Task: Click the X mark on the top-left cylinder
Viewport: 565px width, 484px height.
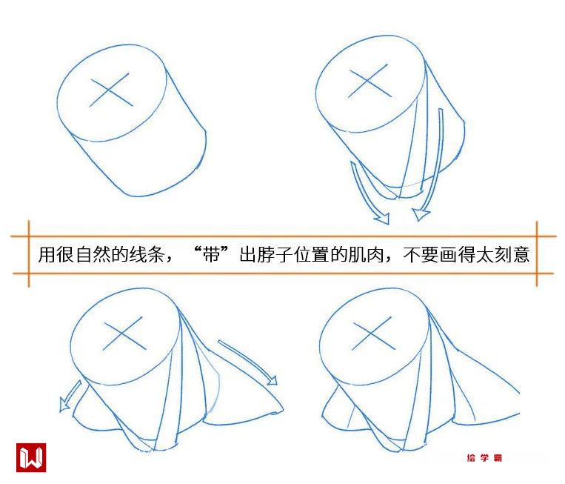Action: pyautogui.click(x=111, y=90)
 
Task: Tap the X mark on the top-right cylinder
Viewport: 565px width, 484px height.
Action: pyautogui.click(x=370, y=82)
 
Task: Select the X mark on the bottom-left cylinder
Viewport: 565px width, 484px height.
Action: pyautogui.click(x=124, y=334)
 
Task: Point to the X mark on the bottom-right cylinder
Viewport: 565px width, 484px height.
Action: pyautogui.click(x=373, y=334)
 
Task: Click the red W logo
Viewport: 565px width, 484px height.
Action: pyautogui.click(x=31, y=457)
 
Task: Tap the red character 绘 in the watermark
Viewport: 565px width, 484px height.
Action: pyautogui.click(x=471, y=458)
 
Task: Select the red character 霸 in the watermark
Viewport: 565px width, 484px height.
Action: pyautogui.click(x=498, y=458)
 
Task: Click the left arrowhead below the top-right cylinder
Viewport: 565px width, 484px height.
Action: pyautogui.click(x=383, y=218)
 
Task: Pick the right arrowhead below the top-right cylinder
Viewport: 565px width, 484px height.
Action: pyautogui.click(x=420, y=214)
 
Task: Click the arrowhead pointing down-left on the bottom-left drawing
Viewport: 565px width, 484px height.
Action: pyautogui.click(x=64, y=404)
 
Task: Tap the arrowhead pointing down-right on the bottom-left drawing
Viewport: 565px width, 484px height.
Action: pyautogui.click(x=272, y=380)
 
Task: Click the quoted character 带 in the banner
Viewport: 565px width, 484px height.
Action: pyautogui.click(x=212, y=255)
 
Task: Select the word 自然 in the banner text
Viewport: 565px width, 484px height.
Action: pyautogui.click(x=93, y=255)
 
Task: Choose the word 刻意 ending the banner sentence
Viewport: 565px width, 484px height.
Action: pyautogui.click(x=512, y=255)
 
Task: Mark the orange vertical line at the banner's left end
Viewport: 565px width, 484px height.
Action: pyautogui.click(x=29, y=254)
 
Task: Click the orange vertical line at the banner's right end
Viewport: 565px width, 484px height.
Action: pyautogui.click(x=537, y=254)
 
